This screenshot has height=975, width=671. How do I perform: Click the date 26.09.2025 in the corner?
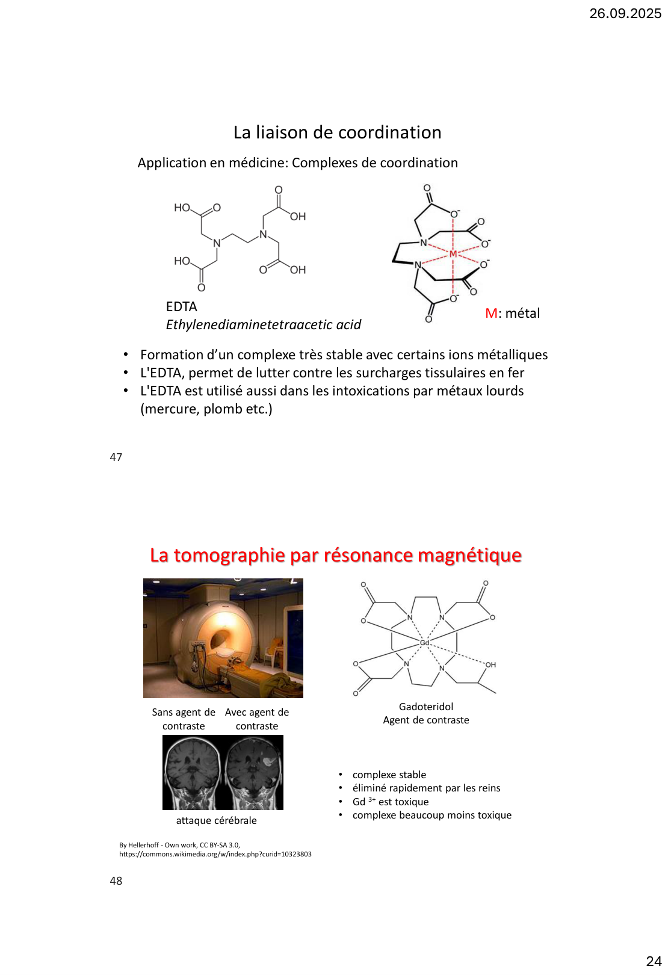(625, 13)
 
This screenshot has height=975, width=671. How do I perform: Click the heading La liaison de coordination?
(337, 132)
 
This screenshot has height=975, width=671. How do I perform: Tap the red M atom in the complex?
(453, 254)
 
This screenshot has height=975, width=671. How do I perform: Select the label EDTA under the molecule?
(181, 307)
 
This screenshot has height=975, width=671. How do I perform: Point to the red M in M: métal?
(491, 314)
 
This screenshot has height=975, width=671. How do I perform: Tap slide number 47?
(116, 457)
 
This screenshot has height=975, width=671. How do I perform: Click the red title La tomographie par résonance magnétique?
(335, 555)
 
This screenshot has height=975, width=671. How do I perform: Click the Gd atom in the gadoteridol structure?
(424, 643)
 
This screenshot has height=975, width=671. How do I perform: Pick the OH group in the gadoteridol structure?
(490, 665)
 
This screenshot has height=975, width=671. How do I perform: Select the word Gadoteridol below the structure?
(425, 707)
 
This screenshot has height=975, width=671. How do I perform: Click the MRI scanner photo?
(223, 638)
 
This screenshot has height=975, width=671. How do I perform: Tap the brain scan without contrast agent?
(193, 772)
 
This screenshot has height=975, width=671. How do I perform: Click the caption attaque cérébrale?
(216, 821)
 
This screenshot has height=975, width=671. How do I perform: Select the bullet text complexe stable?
(389, 775)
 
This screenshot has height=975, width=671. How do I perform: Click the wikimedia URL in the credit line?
(215, 854)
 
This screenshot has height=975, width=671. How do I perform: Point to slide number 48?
(116, 881)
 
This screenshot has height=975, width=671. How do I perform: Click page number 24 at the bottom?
(654, 961)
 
